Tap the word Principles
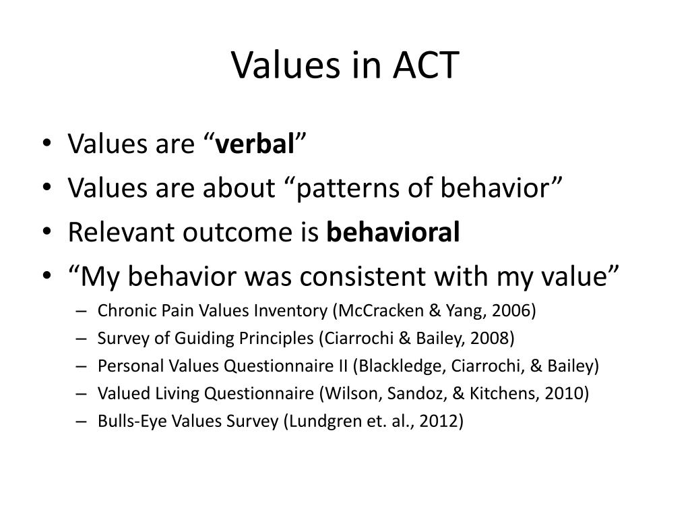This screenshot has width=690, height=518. click(x=275, y=338)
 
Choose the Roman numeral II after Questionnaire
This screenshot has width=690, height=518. click(x=340, y=366)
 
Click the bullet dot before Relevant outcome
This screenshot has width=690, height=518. click(x=52, y=233)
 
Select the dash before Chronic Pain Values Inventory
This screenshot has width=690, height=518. click(x=82, y=311)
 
